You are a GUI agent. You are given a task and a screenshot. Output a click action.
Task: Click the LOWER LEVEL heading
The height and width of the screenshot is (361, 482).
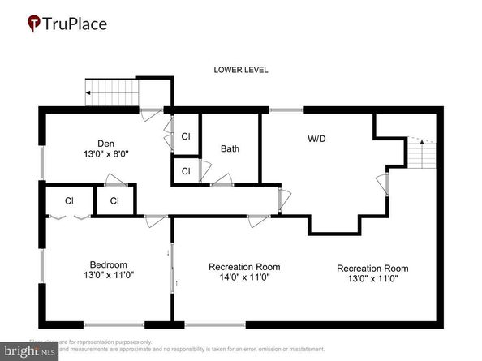pos(241,71)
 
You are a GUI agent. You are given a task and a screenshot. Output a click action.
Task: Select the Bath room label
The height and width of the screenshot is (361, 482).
pos(230,149)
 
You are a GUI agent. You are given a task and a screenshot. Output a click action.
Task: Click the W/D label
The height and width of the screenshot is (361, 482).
pos(317,139)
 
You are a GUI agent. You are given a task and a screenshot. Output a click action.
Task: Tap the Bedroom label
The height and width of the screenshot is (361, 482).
pos(108,264)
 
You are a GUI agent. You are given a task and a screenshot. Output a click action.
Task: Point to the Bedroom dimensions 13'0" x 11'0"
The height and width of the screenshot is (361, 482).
pos(108,275)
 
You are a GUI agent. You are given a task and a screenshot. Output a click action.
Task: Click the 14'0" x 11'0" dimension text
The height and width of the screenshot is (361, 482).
pos(244,277)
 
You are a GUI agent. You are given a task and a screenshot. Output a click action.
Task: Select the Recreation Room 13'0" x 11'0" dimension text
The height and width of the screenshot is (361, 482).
pos(372,279)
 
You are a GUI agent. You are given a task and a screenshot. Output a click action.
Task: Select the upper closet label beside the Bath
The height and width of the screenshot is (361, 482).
pos(186,136)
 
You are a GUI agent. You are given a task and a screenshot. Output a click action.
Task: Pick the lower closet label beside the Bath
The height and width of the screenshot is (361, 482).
pos(186,171)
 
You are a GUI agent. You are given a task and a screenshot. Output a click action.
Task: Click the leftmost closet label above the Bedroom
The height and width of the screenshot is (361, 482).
pos(69,200)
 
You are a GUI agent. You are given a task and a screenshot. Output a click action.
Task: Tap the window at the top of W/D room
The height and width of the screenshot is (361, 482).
pos(286,109)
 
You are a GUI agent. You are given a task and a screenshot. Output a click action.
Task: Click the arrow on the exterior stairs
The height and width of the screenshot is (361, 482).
pos(88,92)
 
